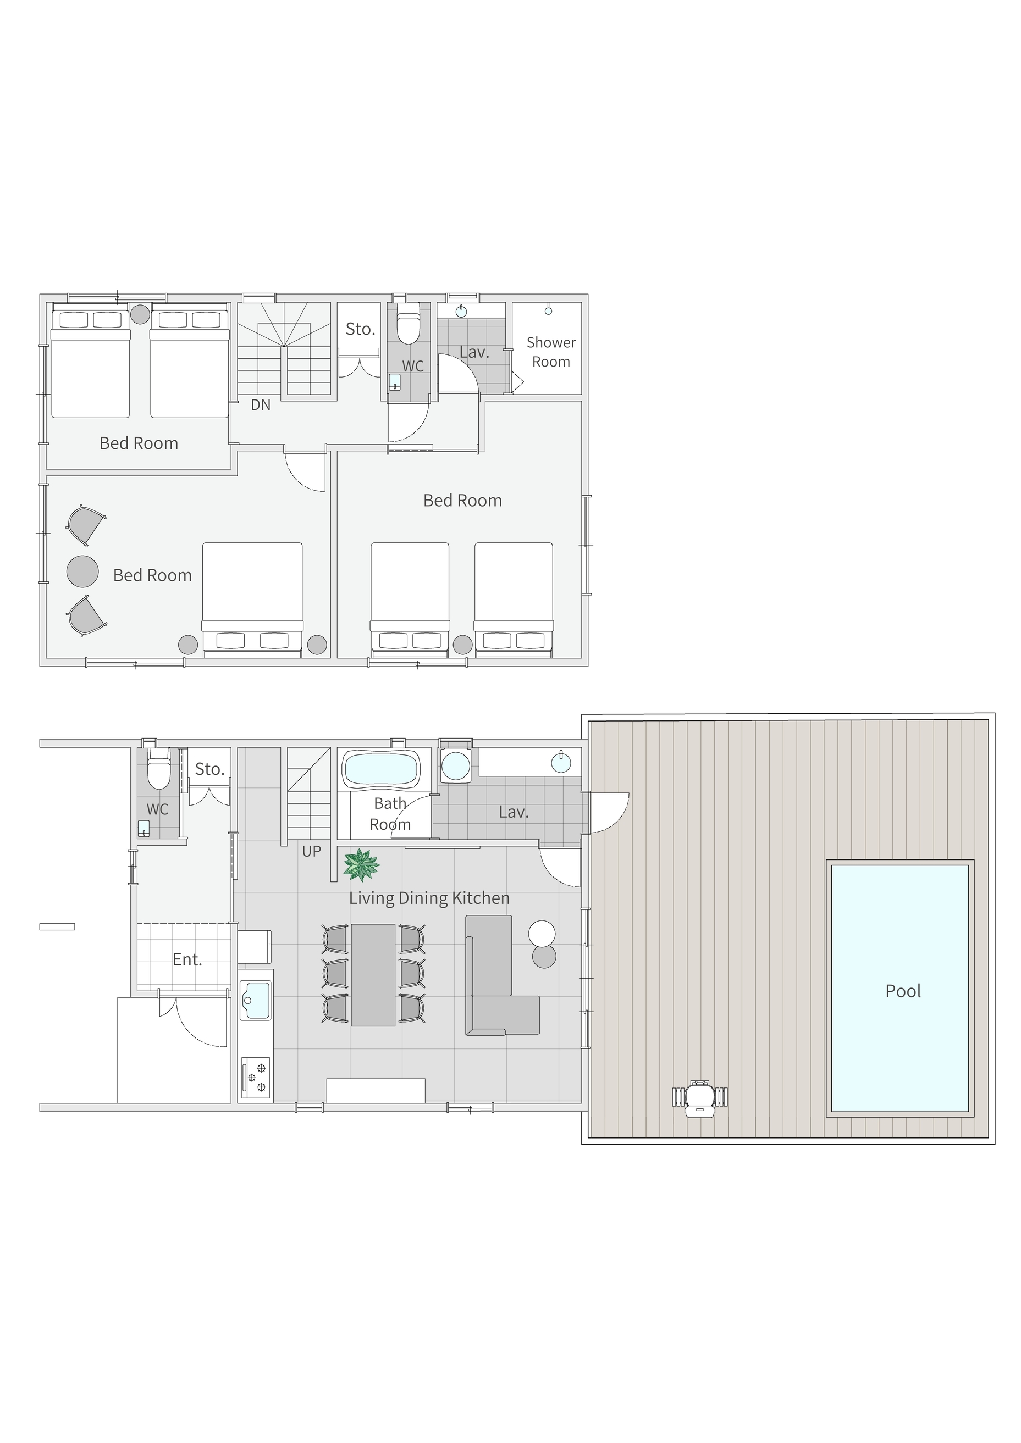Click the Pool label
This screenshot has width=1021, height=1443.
click(x=903, y=991)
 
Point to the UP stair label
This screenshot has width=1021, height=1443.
click(x=312, y=852)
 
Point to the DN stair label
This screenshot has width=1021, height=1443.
click(x=261, y=406)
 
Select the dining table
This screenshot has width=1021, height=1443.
click(x=373, y=975)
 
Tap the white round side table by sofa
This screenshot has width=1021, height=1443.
click(x=542, y=934)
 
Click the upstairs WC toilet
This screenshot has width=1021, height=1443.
click(x=409, y=324)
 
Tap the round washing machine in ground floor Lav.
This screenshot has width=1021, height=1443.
click(x=455, y=765)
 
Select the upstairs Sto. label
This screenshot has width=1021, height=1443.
click(x=360, y=329)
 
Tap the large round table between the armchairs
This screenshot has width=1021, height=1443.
click(x=82, y=571)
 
